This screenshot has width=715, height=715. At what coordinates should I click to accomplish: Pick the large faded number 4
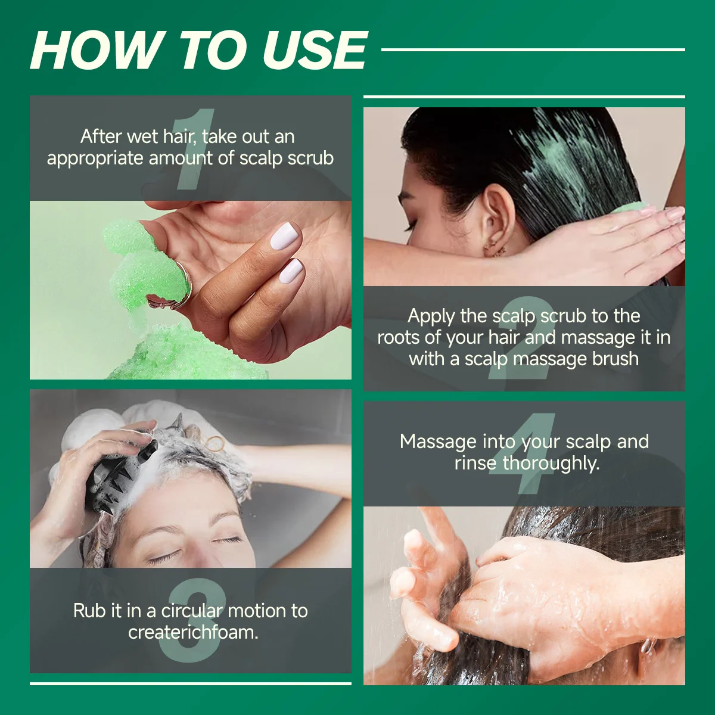click(x=523, y=453)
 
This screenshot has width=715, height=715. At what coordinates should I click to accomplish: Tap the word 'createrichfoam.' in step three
click(x=193, y=632)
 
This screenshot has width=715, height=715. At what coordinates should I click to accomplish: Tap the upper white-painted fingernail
click(x=284, y=235)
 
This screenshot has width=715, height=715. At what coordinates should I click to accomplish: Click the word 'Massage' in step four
click(x=439, y=442)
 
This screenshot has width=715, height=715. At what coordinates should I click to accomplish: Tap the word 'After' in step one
click(x=101, y=136)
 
